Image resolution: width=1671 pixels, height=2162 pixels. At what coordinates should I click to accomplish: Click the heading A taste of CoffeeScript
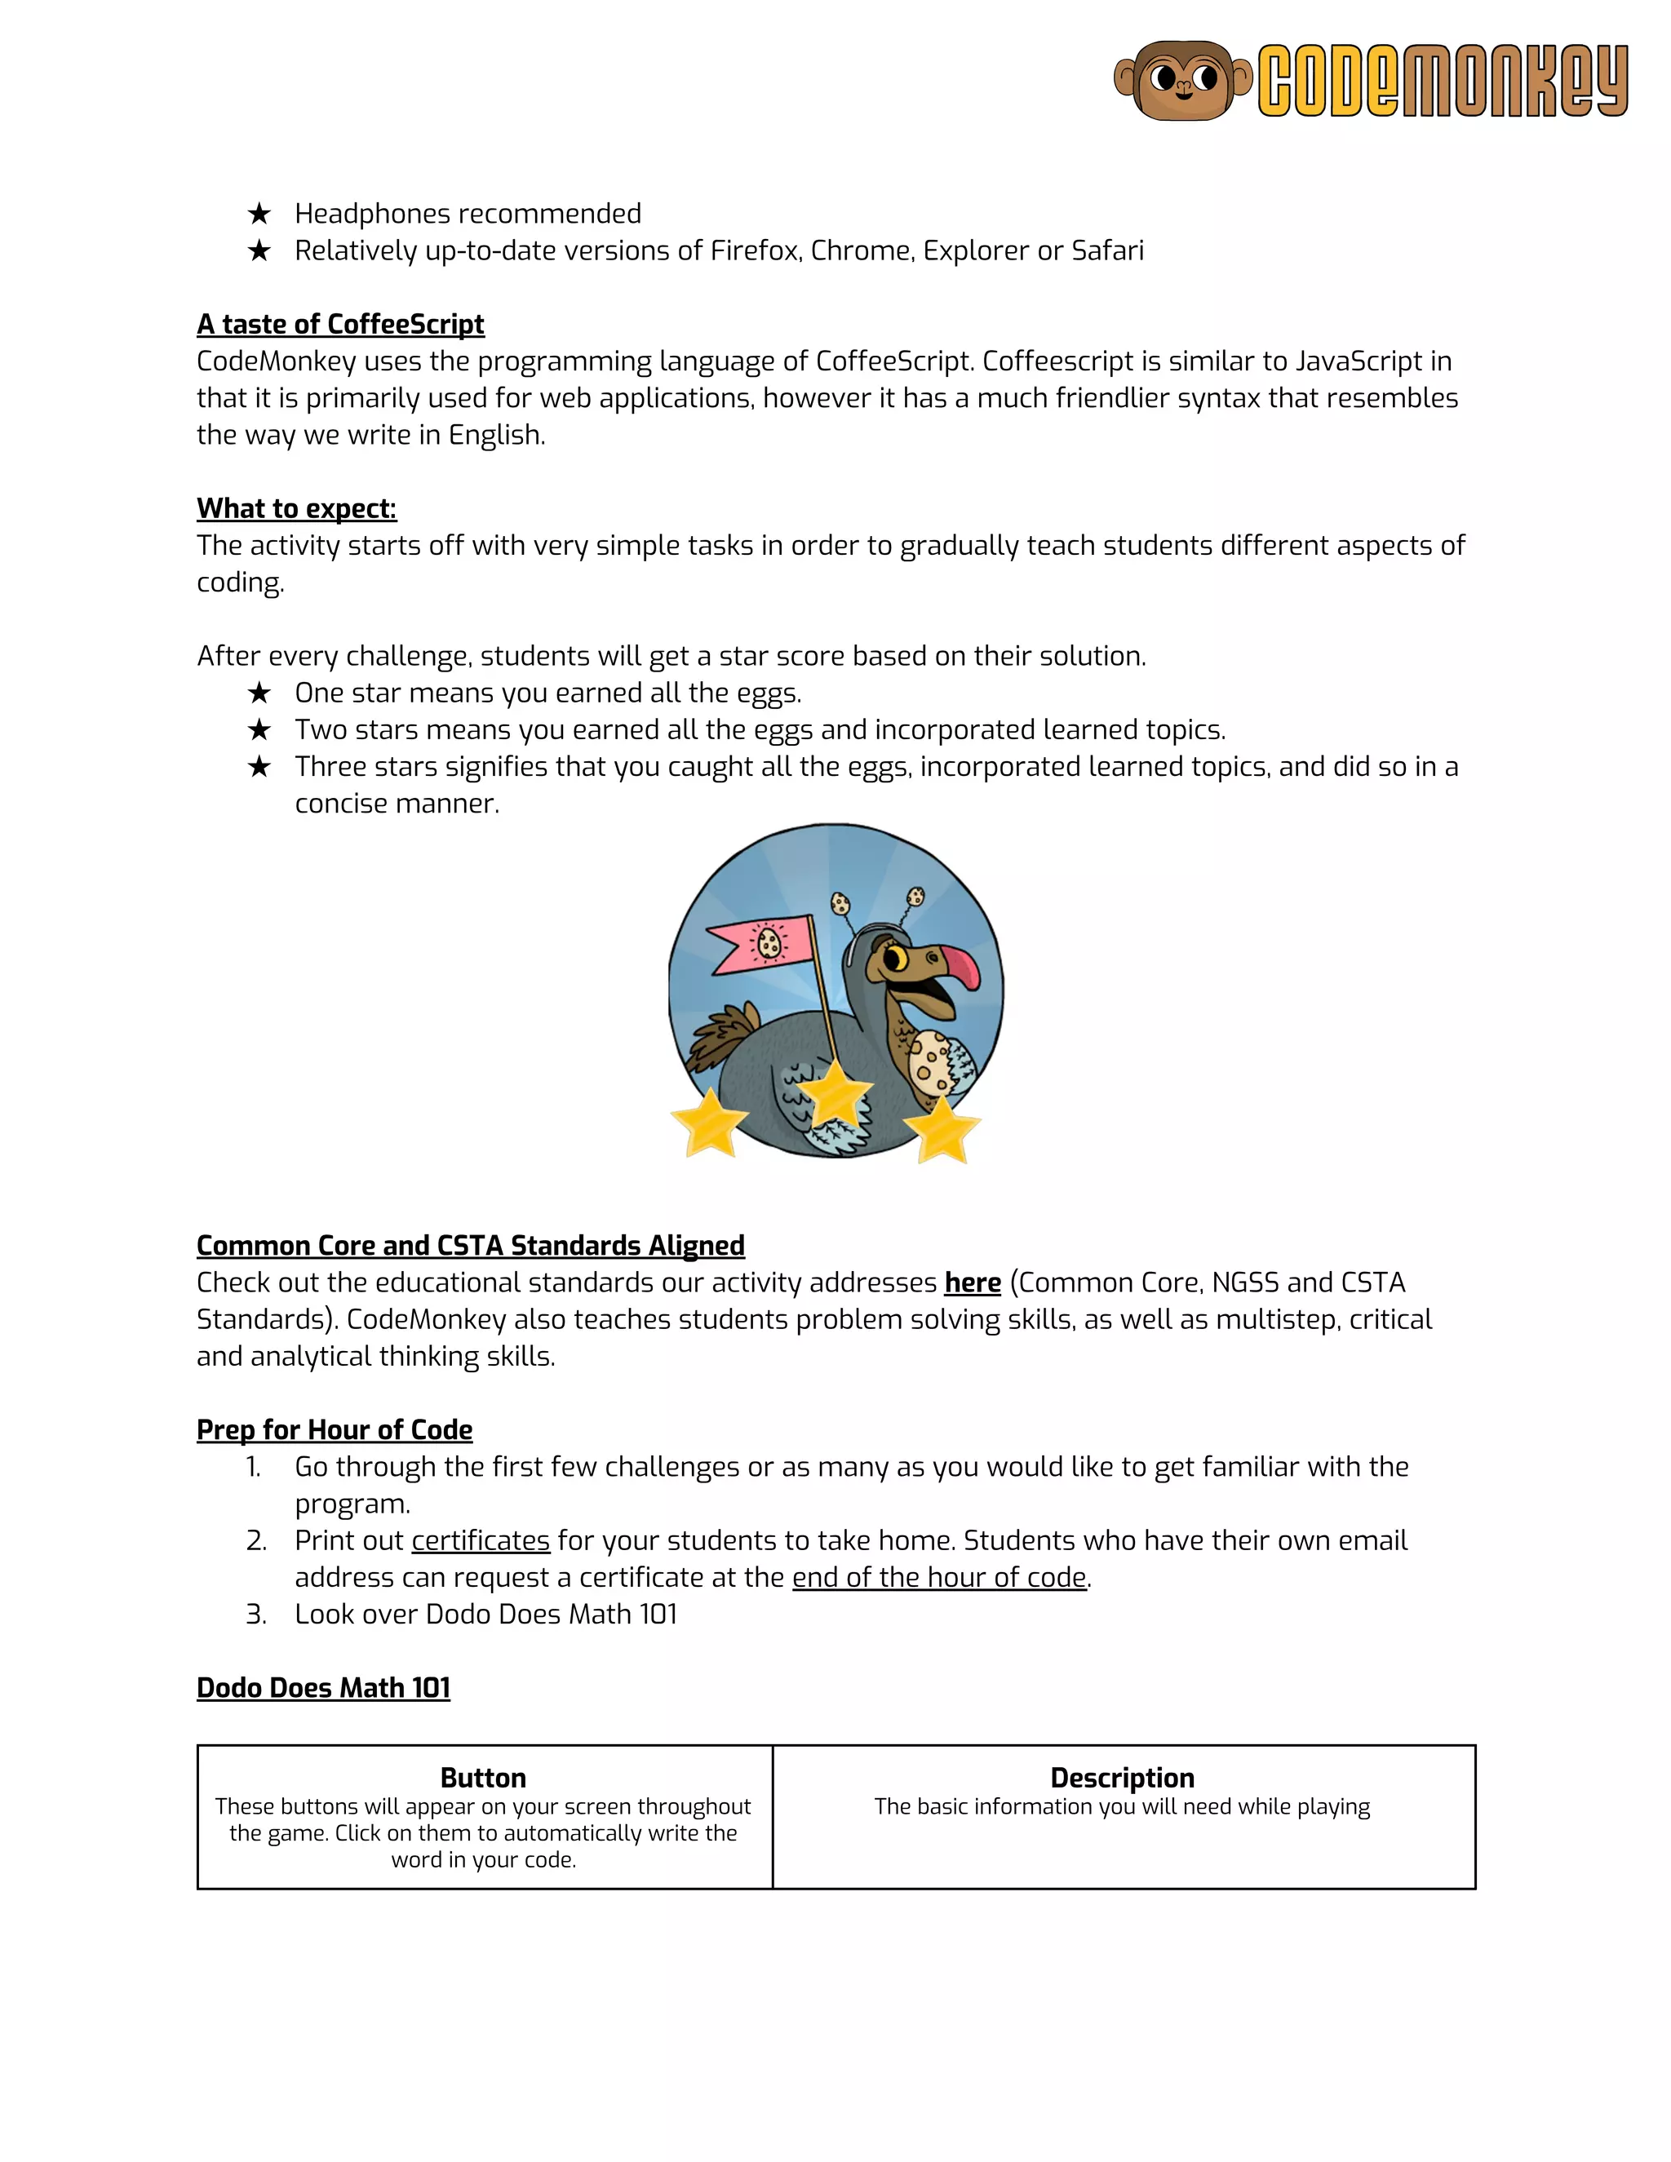pos(339,324)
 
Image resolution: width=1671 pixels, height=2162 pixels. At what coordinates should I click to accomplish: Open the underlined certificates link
pos(480,1540)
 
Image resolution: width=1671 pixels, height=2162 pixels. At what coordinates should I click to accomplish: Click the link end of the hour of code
pos(938,1577)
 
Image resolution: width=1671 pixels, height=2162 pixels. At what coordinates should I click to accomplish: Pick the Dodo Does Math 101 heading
pos(323,1688)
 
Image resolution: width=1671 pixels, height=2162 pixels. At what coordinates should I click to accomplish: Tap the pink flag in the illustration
pos(757,946)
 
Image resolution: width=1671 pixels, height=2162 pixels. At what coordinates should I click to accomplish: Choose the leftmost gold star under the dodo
pos(710,1123)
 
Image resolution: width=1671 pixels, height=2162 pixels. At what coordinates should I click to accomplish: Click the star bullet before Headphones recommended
pos(259,214)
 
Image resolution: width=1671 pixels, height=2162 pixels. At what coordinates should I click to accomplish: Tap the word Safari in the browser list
pos(1106,250)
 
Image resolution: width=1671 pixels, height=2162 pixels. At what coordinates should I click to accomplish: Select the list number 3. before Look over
pos(255,1615)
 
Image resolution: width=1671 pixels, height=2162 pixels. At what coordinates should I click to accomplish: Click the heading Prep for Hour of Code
pos(334,1429)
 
